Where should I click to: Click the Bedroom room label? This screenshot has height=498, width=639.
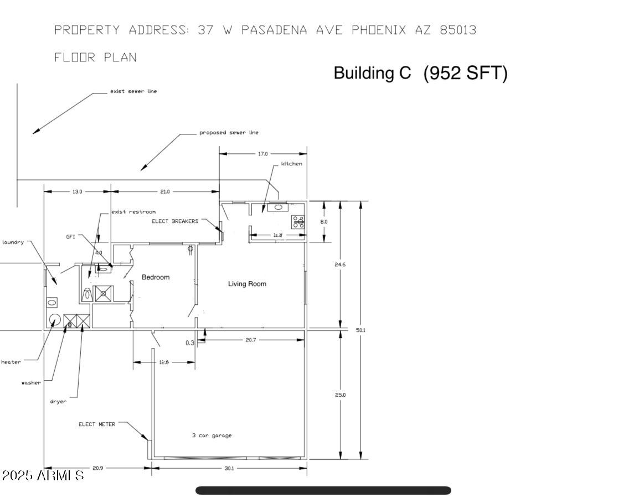(156, 277)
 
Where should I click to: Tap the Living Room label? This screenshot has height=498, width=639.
(247, 284)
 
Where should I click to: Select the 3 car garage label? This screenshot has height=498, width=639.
(212, 435)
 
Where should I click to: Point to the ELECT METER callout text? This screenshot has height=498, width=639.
(97, 424)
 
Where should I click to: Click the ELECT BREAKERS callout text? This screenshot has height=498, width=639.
(174, 221)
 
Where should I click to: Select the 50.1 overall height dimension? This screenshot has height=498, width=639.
(360, 330)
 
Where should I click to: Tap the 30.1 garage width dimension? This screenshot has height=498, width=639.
(229, 468)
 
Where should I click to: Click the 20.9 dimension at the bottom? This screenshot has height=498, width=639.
(97, 468)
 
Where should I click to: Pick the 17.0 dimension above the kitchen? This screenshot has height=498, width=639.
(262, 154)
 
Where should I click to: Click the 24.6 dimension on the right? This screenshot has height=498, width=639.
(340, 264)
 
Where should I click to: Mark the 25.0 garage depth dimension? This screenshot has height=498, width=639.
(340, 395)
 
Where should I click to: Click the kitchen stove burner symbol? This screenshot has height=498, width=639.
(298, 222)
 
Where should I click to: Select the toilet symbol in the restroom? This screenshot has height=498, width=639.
(86, 293)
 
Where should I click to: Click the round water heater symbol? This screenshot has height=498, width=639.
(55, 320)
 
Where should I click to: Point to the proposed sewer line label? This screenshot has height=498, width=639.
(229, 133)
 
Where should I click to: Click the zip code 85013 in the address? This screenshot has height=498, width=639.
(458, 30)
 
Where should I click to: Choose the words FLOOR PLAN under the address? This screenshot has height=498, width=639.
(95, 57)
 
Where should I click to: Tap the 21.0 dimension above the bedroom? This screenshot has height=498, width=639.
(165, 191)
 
